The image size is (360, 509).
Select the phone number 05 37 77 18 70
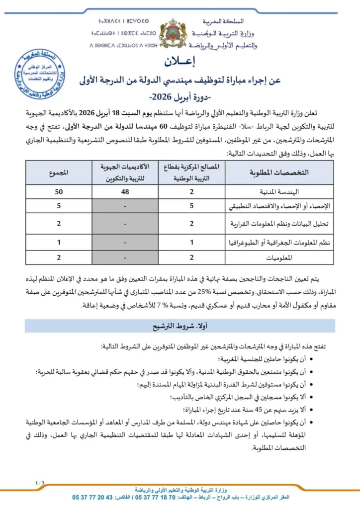point(151,497)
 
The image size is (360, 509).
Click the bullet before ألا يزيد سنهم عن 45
point(311,410)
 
